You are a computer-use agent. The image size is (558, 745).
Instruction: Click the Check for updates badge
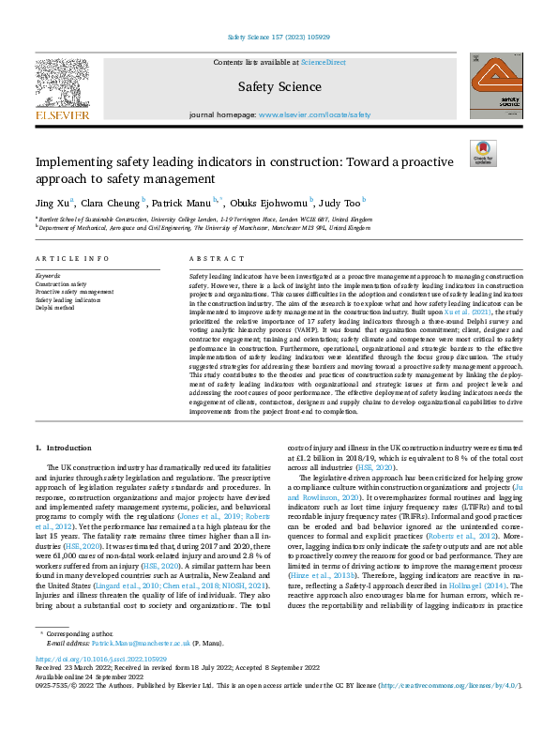click(x=482, y=152)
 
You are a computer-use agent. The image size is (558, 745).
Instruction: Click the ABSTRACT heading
click(x=210, y=258)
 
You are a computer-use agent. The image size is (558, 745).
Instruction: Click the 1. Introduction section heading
click(x=65, y=450)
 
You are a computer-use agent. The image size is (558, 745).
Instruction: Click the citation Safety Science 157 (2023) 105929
click(x=279, y=38)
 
